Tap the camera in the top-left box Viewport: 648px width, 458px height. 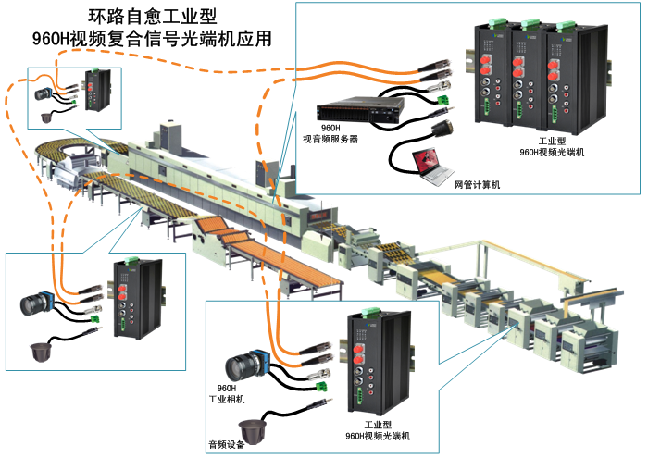(45, 93)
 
